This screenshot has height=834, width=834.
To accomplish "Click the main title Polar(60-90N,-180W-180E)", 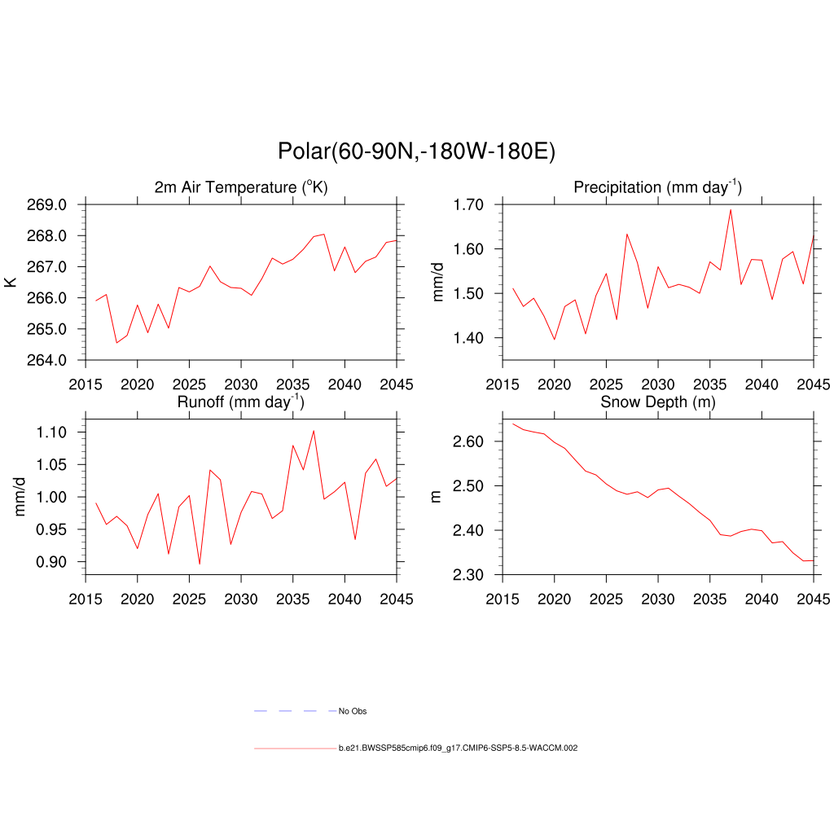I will pyautogui.click(x=416, y=151).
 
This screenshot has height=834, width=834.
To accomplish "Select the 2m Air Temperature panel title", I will pyautogui.click(x=241, y=187).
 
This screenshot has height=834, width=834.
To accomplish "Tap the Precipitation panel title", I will pyautogui.click(x=657, y=187).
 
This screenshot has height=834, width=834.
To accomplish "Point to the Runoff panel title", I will pyautogui.click(x=241, y=402).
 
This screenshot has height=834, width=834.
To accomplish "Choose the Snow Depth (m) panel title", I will pyautogui.click(x=657, y=402).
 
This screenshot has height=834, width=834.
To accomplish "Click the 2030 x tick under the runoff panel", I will pyautogui.click(x=241, y=599).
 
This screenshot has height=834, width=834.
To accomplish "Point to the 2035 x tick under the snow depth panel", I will pyautogui.click(x=709, y=599).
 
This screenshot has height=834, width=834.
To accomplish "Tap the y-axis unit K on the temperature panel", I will pyautogui.click(x=11, y=282).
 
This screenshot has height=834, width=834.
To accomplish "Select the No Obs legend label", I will pyautogui.click(x=353, y=711).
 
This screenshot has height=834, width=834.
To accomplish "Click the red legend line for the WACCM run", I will pyautogui.click(x=294, y=748).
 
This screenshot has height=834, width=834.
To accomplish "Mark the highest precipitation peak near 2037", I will pyautogui.click(x=731, y=209).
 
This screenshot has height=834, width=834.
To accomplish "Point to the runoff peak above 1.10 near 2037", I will pyautogui.click(x=314, y=431).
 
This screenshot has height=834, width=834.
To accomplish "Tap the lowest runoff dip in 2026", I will pyautogui.click(x=200, y=564).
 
